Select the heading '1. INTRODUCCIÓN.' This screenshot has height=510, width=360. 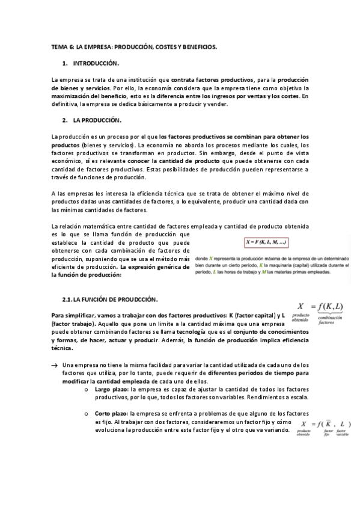pos(96,63)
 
